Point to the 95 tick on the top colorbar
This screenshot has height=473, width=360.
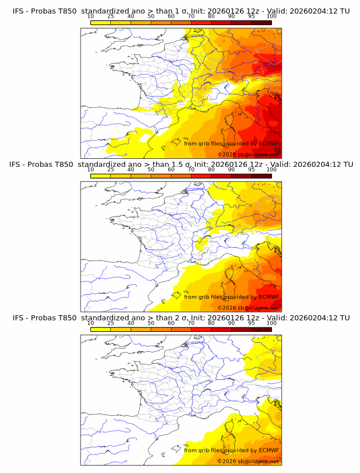[251, 16]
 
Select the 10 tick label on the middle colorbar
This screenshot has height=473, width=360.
[90, 170]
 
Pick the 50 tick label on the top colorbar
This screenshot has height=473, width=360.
[151, 16]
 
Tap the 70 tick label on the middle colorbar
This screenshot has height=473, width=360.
[191, 170]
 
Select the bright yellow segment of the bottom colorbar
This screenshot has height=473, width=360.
[101, 330]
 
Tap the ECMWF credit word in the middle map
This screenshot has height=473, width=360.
[269, 297]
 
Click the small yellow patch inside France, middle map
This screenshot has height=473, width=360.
[200, 245]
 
